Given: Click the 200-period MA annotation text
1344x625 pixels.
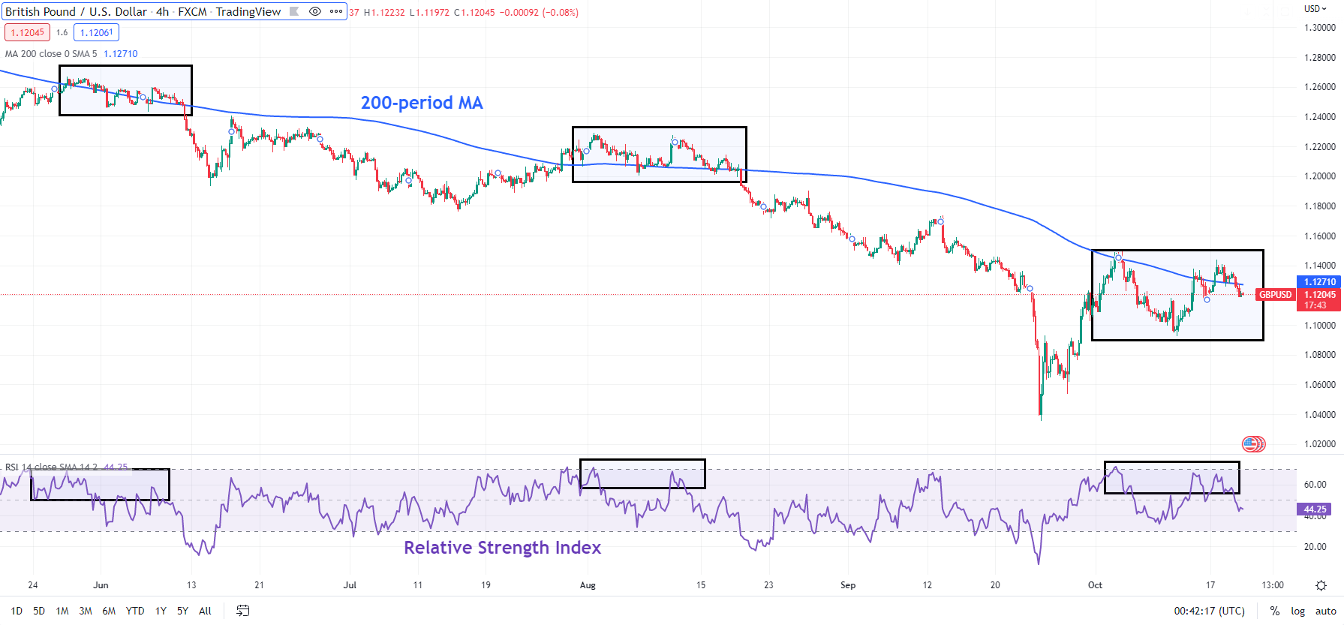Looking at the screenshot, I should pyautogui.click(x=422, y=103).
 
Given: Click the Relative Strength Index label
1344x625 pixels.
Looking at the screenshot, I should pyautogui.click(x=502, y=548).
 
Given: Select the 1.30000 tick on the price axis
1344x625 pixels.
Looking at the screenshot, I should pyautogui.click(x=1319, y=28).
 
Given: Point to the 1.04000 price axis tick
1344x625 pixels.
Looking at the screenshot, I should pyautogui.click(x=1319, y=414).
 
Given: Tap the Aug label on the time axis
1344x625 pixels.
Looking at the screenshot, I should pyautogui.click(x=588, y=585).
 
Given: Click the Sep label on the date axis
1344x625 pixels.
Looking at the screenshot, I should pyautogui.click(x=848, y=585).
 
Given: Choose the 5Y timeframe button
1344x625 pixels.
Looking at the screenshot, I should pyautogui.click(x=182, y=611).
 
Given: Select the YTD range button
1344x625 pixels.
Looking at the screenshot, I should pyautogui.click(x=135, y=611).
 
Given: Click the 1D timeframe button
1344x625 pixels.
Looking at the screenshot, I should pyautogui.click(x=17, y=611).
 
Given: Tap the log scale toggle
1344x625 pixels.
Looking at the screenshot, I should pyautogui.click(x=1297, y=611).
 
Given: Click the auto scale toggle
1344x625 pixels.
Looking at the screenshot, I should pyautogui.click(x=1326, y=611).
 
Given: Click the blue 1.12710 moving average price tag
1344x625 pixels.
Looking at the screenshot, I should pyautogui.click(x=1319, y=282).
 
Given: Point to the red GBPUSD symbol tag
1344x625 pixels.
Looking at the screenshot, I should pyautogui.click(x=1275, y=295).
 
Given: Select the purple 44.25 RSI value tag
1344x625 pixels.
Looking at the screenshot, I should pyautogui.click(x=1314, y=509).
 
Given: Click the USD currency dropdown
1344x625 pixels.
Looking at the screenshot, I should pyautogui.click(x=1315, y=9).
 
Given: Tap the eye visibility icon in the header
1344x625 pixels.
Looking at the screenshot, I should pyautogui.click(x=315, y=11).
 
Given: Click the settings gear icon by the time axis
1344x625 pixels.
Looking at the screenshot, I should pyautogui.click(x=1321, y=585).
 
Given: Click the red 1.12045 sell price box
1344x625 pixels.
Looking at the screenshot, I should pyautogui.click(x=28, y=32).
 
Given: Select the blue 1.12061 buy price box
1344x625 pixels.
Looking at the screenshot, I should pyautogui.click(x=97, y=32).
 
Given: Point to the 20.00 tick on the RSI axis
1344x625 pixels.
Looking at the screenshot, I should pyautogui.click(x=1315, y=547).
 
